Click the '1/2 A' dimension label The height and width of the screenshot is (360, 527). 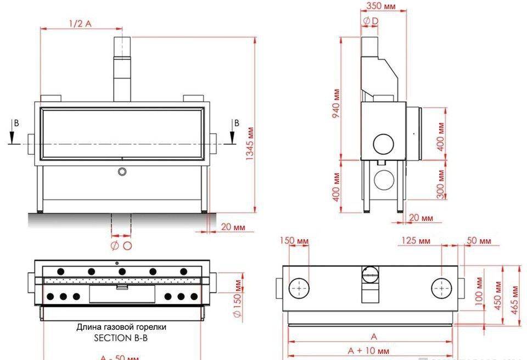(80, 23)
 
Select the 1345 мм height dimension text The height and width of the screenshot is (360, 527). (250, 143)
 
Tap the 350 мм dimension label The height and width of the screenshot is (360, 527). (380, 7)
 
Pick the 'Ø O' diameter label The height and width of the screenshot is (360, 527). (121, 245)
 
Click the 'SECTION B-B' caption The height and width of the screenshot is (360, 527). (121, 338)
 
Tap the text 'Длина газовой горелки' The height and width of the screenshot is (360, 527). (121, 327)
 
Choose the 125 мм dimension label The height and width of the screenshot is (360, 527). (416, 241)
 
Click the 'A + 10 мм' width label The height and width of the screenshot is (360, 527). (368, 350)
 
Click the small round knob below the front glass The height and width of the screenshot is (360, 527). (122, 172)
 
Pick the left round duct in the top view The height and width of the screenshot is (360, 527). (299, 288)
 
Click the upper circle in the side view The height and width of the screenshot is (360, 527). (384, 143)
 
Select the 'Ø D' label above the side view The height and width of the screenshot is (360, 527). (371, 21)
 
